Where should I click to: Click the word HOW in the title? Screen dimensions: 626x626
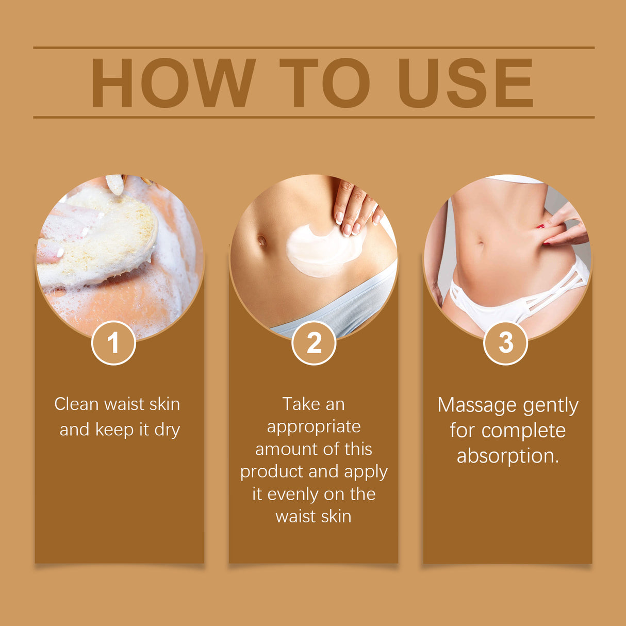point(173,83)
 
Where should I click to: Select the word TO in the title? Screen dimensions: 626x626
point(324,83)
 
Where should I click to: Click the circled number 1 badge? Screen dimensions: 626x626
point(113,343)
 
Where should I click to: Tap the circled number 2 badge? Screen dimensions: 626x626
point(314,343)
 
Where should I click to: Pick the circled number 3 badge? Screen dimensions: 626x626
point(506,343)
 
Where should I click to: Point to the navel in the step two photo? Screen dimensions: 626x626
point(262,240)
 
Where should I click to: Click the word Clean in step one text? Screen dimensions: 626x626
point(76,404)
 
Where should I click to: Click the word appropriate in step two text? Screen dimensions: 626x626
point(314,427)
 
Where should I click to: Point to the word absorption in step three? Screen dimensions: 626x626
point(507,456)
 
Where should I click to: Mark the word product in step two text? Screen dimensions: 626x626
point(271,472)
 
